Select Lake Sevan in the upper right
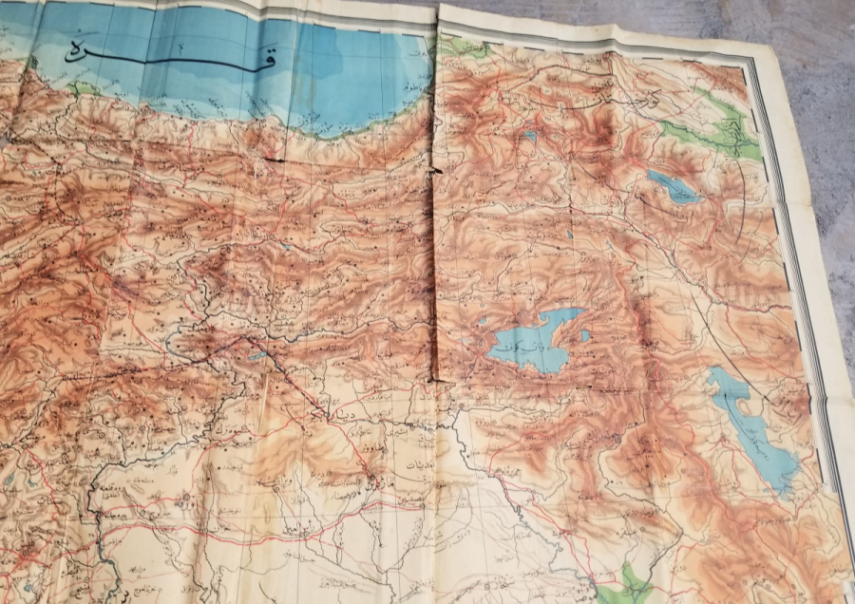674,187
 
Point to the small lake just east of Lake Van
584,334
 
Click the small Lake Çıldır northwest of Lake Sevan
529,138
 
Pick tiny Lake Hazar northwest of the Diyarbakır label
257,357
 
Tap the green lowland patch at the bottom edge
626,583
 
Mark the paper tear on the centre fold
436,171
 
